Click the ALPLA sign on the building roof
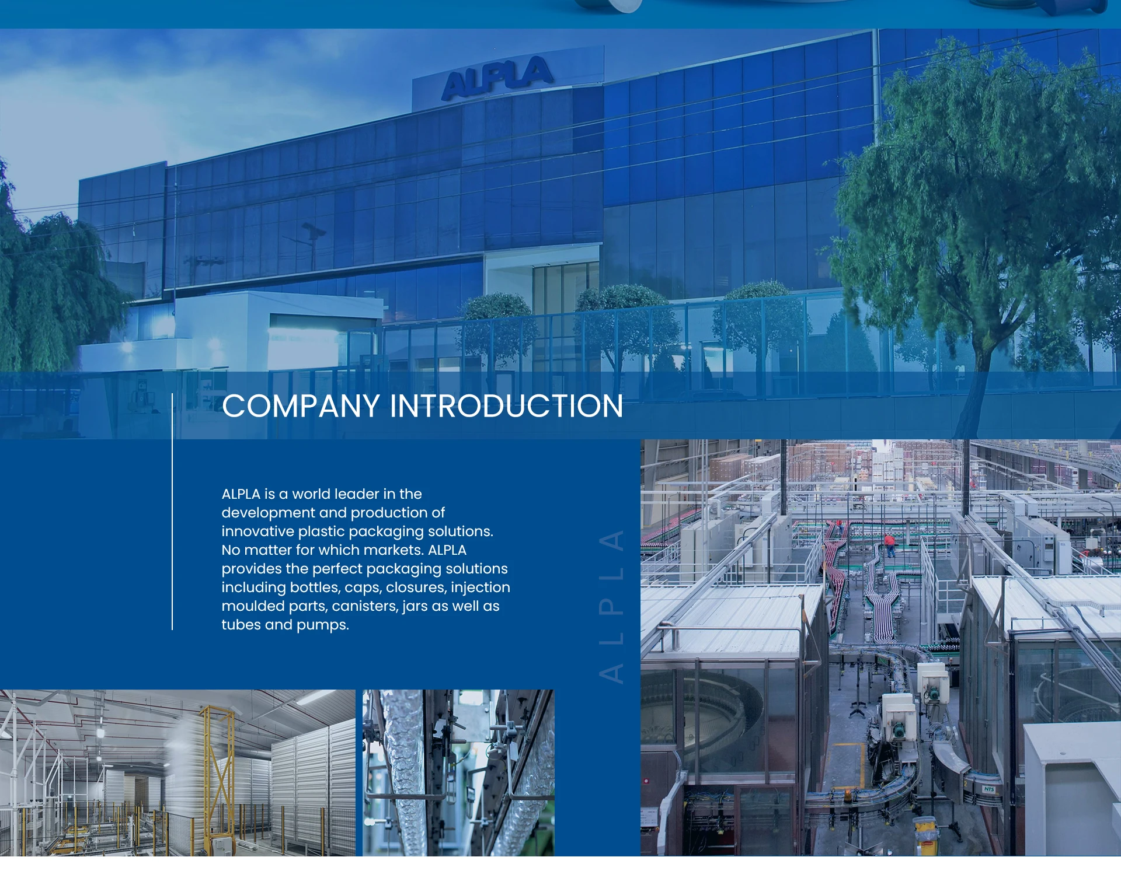click(497, 77)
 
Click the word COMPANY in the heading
click(301, 406)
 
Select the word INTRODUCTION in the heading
click(506, 406)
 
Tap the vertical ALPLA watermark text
click(611, 606)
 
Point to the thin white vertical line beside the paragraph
click(172, 512)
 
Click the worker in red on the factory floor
click(890, 545)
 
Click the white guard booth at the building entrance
click(280, 333)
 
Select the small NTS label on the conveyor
click(988, 789)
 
